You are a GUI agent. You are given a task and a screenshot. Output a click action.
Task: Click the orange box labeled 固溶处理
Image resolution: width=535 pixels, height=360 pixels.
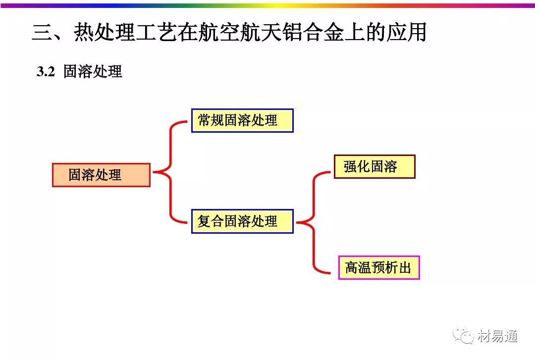coord(101,175)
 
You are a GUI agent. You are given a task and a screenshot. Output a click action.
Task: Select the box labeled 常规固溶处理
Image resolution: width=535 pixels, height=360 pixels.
coord(242,120)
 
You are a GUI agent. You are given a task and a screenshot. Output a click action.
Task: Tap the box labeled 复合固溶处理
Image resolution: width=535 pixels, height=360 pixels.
coord(242,221)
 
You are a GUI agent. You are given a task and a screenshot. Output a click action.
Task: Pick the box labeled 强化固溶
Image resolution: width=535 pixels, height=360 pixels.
coord(374,166)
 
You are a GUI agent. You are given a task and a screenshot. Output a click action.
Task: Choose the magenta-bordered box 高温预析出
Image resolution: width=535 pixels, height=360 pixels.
coord(379,268)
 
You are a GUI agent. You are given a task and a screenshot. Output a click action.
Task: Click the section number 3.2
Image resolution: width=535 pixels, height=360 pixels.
coord(45,72)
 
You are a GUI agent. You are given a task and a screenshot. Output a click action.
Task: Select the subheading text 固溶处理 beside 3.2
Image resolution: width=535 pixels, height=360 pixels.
coord(93,72)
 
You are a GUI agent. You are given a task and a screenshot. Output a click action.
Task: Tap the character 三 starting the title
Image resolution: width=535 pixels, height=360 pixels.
coord(42,33)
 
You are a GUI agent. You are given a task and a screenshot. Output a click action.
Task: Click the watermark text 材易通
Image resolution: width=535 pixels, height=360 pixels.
coord(498,337)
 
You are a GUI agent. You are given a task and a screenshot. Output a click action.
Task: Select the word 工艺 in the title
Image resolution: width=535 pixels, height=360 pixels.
coord(155,33)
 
